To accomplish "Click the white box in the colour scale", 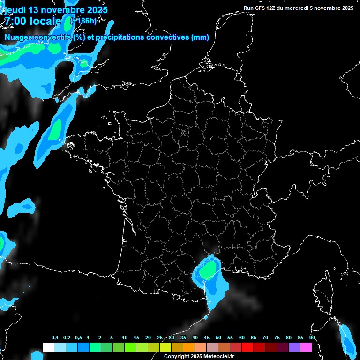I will [48, 347].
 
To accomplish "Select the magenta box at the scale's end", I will [306, 347].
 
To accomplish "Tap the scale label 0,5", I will [78, 337].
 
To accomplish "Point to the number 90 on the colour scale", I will [312, 337].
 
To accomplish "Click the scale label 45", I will [207, 337].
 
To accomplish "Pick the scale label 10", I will [124, 337].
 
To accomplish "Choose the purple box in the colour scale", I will [294, 347].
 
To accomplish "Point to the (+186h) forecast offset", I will [83, 21].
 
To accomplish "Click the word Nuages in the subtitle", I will [18, 37].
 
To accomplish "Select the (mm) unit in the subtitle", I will [200, 37].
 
